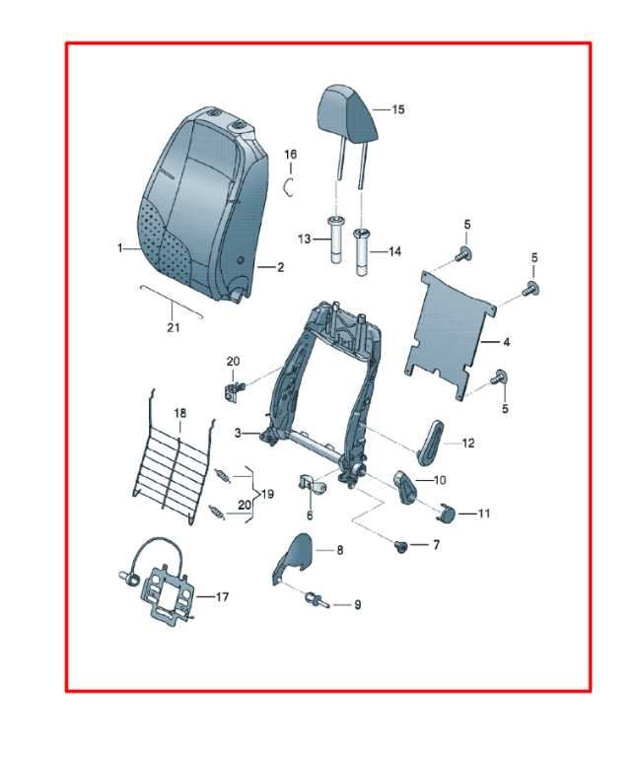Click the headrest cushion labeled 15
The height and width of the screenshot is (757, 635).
[347, 112]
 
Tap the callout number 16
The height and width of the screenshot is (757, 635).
[290, 155]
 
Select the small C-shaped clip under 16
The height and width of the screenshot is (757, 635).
[288, 187]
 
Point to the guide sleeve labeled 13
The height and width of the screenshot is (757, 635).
[335, 240]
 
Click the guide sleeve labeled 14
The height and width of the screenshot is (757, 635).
[363, 252]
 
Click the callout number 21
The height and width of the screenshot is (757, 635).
[174, 327]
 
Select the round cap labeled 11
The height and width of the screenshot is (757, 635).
[447, 514]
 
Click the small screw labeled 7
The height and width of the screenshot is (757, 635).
[400, 546]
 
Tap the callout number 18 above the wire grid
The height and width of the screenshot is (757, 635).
[180, 413]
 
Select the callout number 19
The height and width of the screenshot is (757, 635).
[267, 494]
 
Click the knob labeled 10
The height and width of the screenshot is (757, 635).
[407, 487]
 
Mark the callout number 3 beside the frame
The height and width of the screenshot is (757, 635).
[238, 433]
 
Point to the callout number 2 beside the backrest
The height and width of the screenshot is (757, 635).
[280, 267]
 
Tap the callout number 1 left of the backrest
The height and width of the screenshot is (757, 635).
[119, 248]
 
